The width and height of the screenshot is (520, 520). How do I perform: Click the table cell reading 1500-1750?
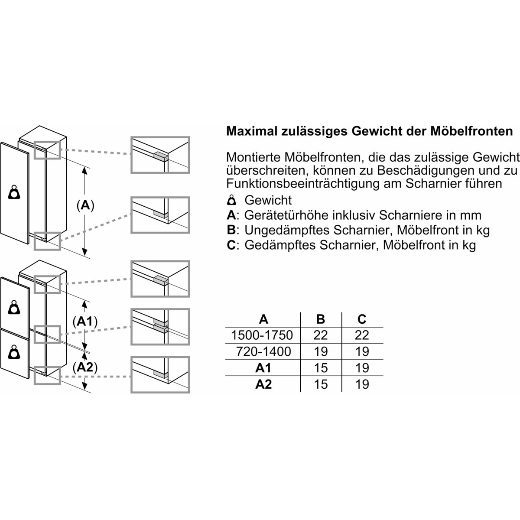(x=262, y=335)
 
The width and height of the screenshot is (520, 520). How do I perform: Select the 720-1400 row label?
(x=263, y=351)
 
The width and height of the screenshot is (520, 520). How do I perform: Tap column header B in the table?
(x=320, y=319)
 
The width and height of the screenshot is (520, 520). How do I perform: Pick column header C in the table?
(x=361, y=319)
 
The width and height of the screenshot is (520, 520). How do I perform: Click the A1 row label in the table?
(x=263, y=368)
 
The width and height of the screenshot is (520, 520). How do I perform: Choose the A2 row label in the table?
(x=263, y=384)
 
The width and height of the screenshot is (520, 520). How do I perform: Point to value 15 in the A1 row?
(x=321, y=368)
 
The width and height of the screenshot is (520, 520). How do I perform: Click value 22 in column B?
(x=321, y=335)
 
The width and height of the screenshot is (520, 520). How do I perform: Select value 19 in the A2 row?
(x=362, y=384)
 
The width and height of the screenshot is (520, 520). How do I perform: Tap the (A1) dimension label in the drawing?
(x=85, y=322)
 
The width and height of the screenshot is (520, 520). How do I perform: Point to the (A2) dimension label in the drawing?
(x=85, y=367)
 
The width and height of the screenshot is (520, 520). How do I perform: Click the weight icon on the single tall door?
(x=14, y=192)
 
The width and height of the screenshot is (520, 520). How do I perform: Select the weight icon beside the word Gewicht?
(x=231, y=200)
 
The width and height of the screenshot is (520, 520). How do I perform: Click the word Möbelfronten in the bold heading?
(x=471, y=131)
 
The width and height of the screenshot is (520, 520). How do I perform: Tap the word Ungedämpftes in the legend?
(x=288, y=231)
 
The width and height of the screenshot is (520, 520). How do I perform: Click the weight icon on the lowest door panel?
(x=14, y=352)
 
